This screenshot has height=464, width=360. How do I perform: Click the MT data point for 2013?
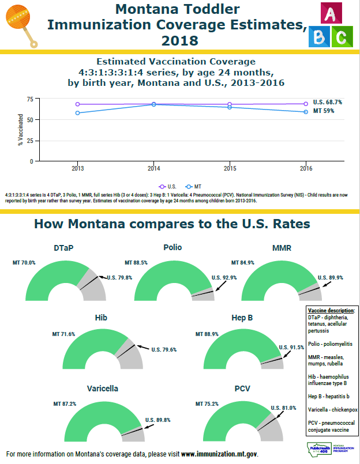[77, 113]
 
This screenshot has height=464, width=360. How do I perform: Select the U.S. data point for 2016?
[305, 104]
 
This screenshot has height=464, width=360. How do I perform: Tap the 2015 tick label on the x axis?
[230, 168]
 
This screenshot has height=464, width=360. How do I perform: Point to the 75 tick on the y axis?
[29, 99]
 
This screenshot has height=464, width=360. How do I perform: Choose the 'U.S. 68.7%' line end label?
[327, 102]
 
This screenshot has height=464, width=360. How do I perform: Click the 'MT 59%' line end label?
[324, 111]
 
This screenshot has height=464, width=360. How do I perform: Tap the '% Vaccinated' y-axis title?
[21, 129]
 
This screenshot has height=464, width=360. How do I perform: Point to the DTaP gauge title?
[64, 248]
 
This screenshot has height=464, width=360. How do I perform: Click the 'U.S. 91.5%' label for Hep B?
[291, 347]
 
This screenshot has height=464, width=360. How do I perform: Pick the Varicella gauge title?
[103, 388]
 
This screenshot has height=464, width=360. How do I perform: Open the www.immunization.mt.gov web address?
[219, 454]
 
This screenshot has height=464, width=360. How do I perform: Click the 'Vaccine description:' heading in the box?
[331, 310]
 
